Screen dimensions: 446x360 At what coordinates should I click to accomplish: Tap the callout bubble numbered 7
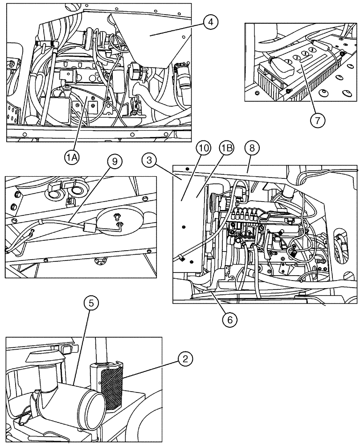(x=318, y=120)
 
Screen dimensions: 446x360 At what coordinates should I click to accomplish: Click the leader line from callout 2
(x=154, y=368)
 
